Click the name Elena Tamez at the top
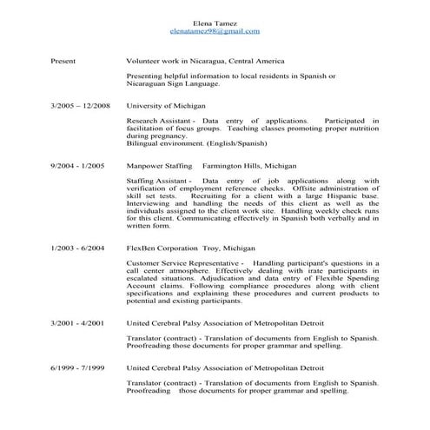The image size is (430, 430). coord(215,23)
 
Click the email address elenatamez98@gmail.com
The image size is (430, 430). coord(215,31)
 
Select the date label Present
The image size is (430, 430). coord(63,63)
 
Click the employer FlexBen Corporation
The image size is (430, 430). coord(162,248)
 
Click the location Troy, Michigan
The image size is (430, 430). coord(230,248)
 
